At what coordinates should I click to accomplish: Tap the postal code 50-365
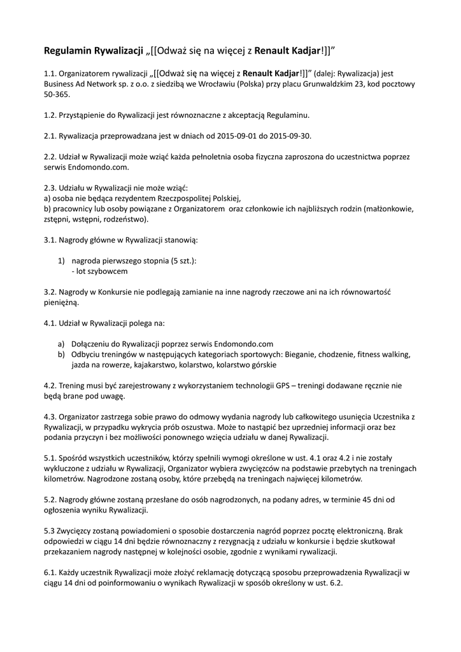(57, 94)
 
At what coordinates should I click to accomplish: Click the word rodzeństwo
(124, 219)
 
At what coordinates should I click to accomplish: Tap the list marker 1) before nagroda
(61, 260)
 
